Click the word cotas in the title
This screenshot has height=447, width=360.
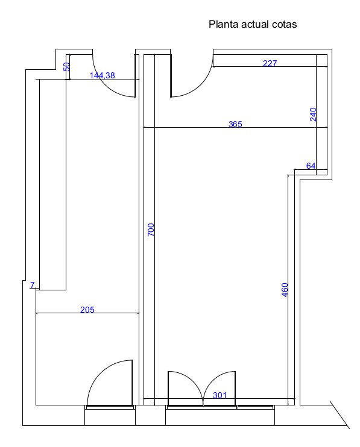284,25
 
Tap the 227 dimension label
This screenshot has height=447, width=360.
270,63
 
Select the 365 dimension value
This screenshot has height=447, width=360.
235,124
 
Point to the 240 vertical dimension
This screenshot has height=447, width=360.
313,114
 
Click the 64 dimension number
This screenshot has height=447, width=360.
311,166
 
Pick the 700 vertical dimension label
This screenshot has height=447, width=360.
151,230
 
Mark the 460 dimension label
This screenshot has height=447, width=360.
285,290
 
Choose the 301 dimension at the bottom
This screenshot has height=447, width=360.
219,395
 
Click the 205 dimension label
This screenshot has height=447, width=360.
87,310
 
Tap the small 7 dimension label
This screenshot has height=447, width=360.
32,285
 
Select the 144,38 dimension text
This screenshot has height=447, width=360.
102,75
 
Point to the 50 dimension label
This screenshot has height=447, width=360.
66,67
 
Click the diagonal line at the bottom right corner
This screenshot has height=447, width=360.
339,414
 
